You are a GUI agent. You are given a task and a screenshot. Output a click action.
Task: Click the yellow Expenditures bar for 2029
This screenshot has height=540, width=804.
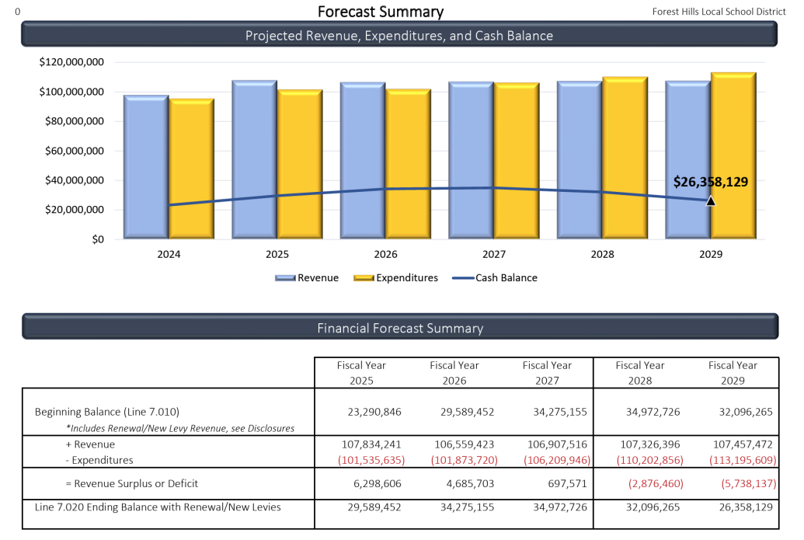[733, 155]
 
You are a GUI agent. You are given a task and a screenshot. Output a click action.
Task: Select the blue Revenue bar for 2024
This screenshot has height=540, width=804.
[146, 166]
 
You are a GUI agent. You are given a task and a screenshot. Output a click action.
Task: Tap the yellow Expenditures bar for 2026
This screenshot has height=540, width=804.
[409, 163]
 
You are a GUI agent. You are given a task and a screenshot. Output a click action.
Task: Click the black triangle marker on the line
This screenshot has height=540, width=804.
[711, 200]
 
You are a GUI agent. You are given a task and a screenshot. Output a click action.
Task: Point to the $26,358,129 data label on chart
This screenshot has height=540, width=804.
[710, 182]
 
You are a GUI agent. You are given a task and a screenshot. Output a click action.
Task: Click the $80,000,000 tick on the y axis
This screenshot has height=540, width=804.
[71, 121]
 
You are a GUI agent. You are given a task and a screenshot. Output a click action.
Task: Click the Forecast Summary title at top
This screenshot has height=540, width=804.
[381, 12]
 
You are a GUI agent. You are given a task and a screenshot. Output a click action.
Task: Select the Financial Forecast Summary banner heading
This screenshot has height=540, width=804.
[400, 328]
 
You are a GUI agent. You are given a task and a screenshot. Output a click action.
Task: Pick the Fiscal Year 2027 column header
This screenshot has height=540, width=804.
[547, 373]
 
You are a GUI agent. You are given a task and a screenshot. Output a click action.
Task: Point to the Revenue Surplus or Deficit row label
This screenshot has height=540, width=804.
[132, 483]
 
